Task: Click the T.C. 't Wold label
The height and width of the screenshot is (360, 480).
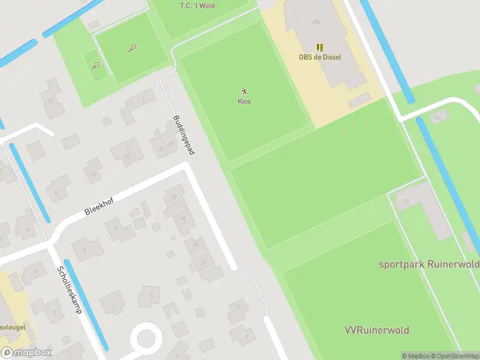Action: coord(197,6)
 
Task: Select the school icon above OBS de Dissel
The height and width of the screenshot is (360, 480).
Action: coord(320,47)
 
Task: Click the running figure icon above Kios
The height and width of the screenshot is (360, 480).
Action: coord(244,91)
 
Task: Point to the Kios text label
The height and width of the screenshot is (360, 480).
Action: coord(244,101)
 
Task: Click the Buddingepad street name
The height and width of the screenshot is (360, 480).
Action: coord(184,136)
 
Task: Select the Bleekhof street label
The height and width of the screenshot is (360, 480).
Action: coord(99,207)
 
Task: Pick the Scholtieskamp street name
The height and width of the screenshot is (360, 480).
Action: coord(68,290)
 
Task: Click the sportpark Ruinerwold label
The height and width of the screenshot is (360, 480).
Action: coord(428,264)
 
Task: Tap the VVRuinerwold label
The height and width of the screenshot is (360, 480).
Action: coord(377,331)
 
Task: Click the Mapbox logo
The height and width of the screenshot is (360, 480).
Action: coord(26,353)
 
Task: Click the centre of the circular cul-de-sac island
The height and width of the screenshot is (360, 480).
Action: coord(146,338)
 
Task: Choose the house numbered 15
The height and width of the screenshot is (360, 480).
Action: coord(127,156)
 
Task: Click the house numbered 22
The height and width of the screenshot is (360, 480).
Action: coord(204,262)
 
